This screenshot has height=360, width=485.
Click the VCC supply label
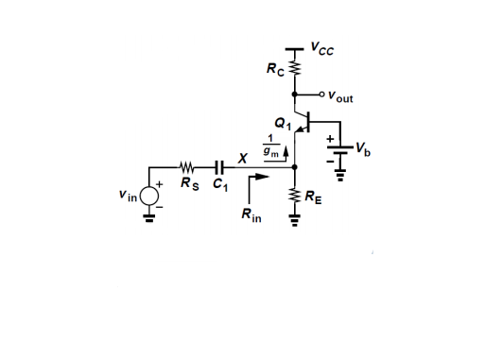point(322,49)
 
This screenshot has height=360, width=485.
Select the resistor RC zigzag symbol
point(295,68)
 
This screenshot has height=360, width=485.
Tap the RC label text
point(275,69)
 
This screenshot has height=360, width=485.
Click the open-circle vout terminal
point(321,94)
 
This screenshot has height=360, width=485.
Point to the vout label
point(340,96)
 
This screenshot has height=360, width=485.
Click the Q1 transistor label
point(283,123)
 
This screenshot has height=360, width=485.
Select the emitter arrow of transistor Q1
point(302,129)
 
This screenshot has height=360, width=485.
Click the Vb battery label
point(363,149)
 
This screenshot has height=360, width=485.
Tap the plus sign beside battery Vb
point(330,139)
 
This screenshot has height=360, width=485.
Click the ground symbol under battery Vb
point(340,175)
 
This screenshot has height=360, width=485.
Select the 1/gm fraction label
point(270,146)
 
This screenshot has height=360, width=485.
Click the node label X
point(242,158)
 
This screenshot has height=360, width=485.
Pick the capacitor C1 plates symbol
point(219,167)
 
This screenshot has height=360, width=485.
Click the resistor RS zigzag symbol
point(187,167)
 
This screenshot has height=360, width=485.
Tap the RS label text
point(190,183)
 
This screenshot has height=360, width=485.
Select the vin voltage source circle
point(149,196)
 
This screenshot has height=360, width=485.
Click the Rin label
point(251,215)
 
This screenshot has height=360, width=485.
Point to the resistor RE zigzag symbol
point(295,197)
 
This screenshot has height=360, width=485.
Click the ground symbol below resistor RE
point(295,220)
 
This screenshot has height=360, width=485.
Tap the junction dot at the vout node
point(295,94)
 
